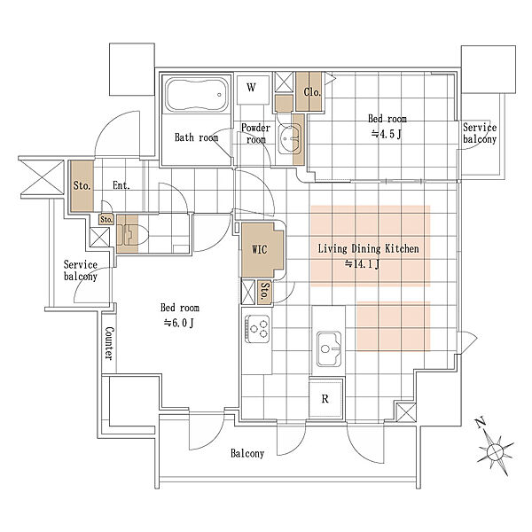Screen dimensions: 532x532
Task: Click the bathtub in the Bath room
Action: coord(197,94)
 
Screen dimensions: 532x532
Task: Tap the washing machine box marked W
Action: coord(253,90)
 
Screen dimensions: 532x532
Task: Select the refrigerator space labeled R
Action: coord(325,399)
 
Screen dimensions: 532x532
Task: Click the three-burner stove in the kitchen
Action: coord(257,328)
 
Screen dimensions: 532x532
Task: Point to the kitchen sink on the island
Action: coord(329,348)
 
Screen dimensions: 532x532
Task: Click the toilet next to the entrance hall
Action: coord(133,234)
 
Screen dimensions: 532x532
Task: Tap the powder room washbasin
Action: coord(290,138)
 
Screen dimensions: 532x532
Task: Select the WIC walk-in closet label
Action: coord(260,250)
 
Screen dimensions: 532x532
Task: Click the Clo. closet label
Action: coord(312,92)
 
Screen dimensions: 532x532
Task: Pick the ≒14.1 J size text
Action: coord(362,264)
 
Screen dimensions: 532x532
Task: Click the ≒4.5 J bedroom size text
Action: coord(386,134)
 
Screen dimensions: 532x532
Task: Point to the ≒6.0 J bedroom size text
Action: coord(179,323)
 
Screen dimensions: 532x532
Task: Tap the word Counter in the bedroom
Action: coord(109,343)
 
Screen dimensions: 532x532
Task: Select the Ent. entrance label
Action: coord(121,185)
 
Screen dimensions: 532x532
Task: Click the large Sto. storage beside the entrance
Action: coord(82,186)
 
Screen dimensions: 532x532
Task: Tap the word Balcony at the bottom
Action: coord(247,453)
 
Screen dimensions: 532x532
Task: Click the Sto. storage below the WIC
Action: coord(264,292)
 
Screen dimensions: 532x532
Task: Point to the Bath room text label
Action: coord(197,137)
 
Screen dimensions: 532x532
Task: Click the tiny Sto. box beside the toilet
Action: coord(106,220)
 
